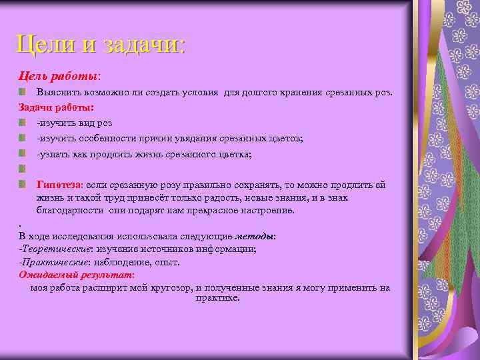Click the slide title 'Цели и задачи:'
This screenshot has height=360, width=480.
click(101, 45)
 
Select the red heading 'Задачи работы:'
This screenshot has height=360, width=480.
click(56, 107)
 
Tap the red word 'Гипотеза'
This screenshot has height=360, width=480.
click(59, 185)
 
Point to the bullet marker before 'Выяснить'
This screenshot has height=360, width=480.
click(23, 91)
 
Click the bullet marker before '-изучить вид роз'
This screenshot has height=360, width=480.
click(23, 123)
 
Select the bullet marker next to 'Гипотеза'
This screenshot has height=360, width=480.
click(23, 184)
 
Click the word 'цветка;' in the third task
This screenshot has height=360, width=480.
click(235, 154)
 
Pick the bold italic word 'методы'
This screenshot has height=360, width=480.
click(254, 236)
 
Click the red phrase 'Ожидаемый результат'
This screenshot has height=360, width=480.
click(75, 275)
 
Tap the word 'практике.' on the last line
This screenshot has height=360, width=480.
click(217, 298)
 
